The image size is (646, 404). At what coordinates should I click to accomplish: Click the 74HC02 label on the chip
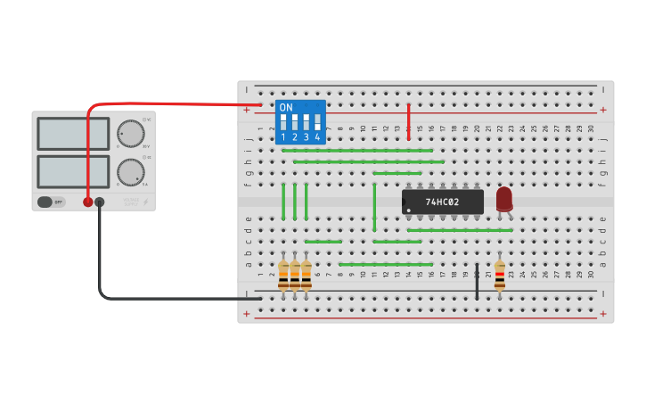click(442, 202)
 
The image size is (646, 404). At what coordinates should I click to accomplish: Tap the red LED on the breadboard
click(504, 198)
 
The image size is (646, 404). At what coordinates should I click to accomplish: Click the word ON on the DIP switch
click(286, 108)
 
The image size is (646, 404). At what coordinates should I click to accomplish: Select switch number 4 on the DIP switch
click(317, 122)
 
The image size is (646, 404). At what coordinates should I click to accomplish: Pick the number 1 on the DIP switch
click(283, 137)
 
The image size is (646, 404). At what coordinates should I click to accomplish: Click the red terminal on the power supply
click(87, 202)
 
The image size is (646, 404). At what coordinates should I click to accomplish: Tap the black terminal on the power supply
click(99, 202)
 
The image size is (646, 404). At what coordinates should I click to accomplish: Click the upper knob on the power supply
click(130, 133)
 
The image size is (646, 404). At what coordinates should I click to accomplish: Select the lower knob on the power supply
click(130, 171)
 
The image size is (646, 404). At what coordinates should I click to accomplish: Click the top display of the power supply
click(73, 134)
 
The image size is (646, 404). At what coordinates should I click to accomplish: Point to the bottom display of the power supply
click(73, 171)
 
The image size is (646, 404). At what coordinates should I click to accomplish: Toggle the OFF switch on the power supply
click(51, 202)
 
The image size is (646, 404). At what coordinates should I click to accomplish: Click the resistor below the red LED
click(499, 276)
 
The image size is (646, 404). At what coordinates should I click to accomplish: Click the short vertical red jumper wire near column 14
click(408, 121)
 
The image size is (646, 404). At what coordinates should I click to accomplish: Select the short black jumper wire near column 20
click(477, 281)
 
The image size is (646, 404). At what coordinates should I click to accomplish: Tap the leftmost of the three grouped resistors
click(283, 276)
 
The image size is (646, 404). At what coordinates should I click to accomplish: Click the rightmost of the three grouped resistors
click(307, 276)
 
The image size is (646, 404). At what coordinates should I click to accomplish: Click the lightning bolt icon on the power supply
click(146, 202)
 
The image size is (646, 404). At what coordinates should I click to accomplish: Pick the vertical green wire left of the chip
click(374, 207)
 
